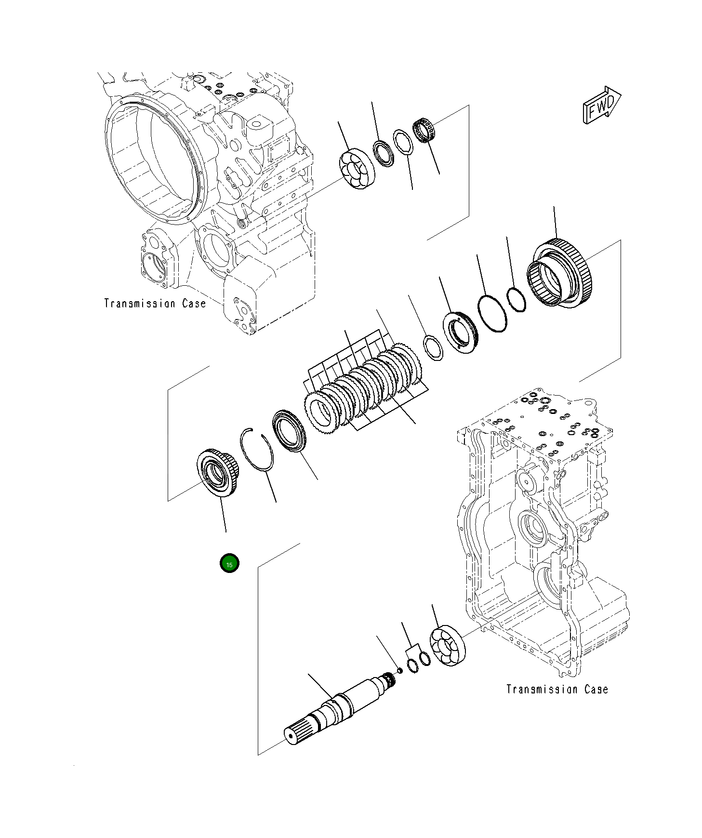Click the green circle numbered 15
(229, 564)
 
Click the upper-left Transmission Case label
(155, 303)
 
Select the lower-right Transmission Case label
(557, 689)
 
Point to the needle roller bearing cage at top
(424, 131)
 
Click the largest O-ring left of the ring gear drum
(492, 313)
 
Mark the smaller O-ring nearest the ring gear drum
(517, 299)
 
